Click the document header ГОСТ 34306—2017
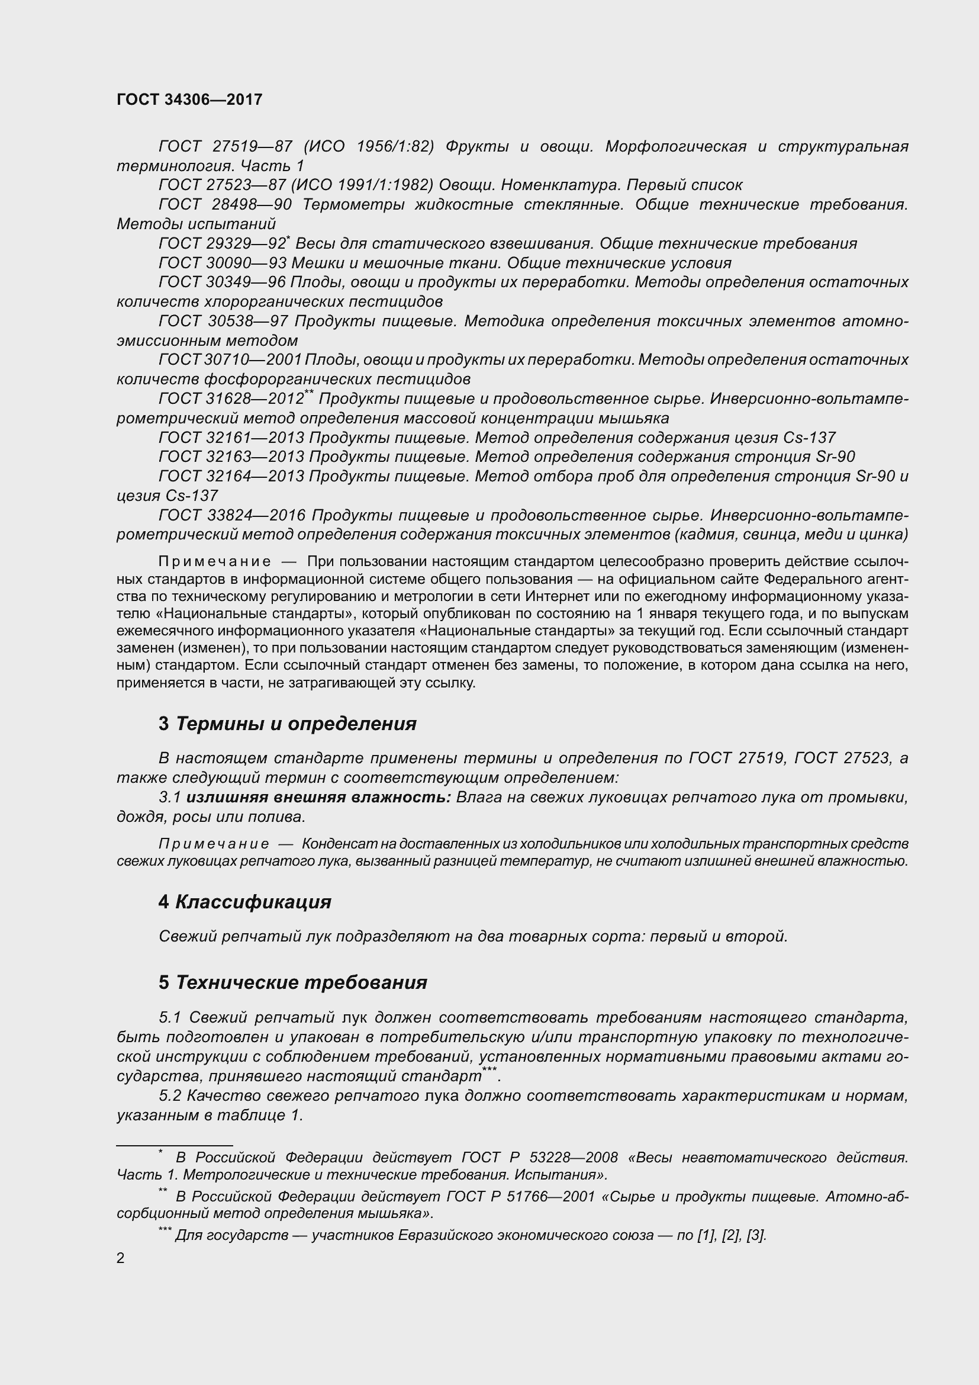(x=189, y=100)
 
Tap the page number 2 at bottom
(x=121, y=1258)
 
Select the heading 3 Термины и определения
(x=288, y=723)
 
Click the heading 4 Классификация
(x=245, y=902)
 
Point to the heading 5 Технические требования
(x=293, y=983)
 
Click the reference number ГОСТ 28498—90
(x=225, y=205)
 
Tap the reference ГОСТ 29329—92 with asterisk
(x=223, y=244)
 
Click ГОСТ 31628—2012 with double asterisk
(x=232, y=399)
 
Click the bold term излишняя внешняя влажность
(x=318, y=798)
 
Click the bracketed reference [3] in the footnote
(x=756, y=1235)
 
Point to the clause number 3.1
(x=170, y=798)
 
